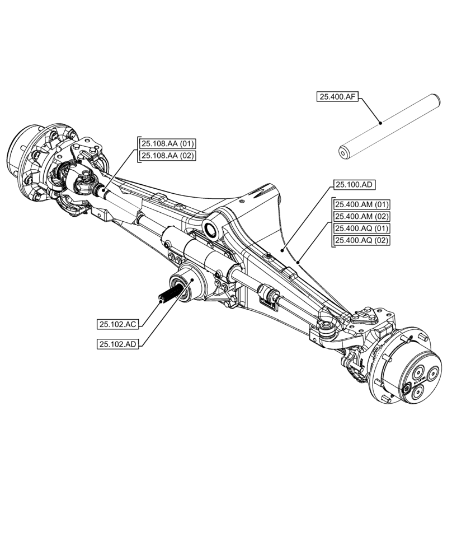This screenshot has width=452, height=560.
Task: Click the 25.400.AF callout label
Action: (x=338, y=97)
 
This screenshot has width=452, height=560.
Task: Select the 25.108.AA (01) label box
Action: (x=167, y=144)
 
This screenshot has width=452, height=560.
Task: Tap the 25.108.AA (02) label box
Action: (x=167, y=156)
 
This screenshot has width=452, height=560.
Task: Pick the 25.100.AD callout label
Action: (x=355, y=185)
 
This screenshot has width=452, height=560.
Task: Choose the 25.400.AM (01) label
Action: (x=362, y=204)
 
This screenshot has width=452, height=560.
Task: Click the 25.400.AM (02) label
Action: (x=362, y=216)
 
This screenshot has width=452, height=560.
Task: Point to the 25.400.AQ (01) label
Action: (x=362, y=228)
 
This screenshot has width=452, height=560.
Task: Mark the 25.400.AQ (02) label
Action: (x=362, y=240)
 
